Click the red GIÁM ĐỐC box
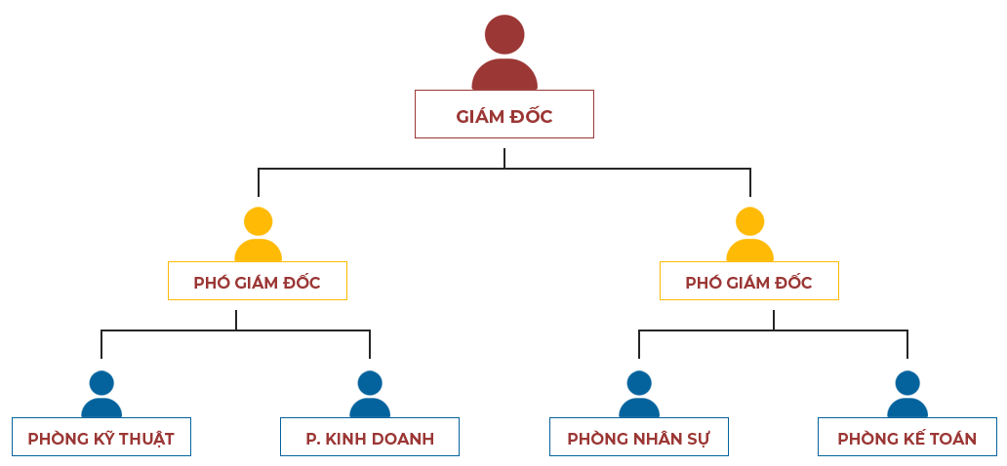click(x=504, y=114)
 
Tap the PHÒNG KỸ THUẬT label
click(x=101, y=439)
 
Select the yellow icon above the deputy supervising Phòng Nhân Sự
click(x=749, y=234)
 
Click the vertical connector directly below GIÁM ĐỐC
click(x=503, y=156)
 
